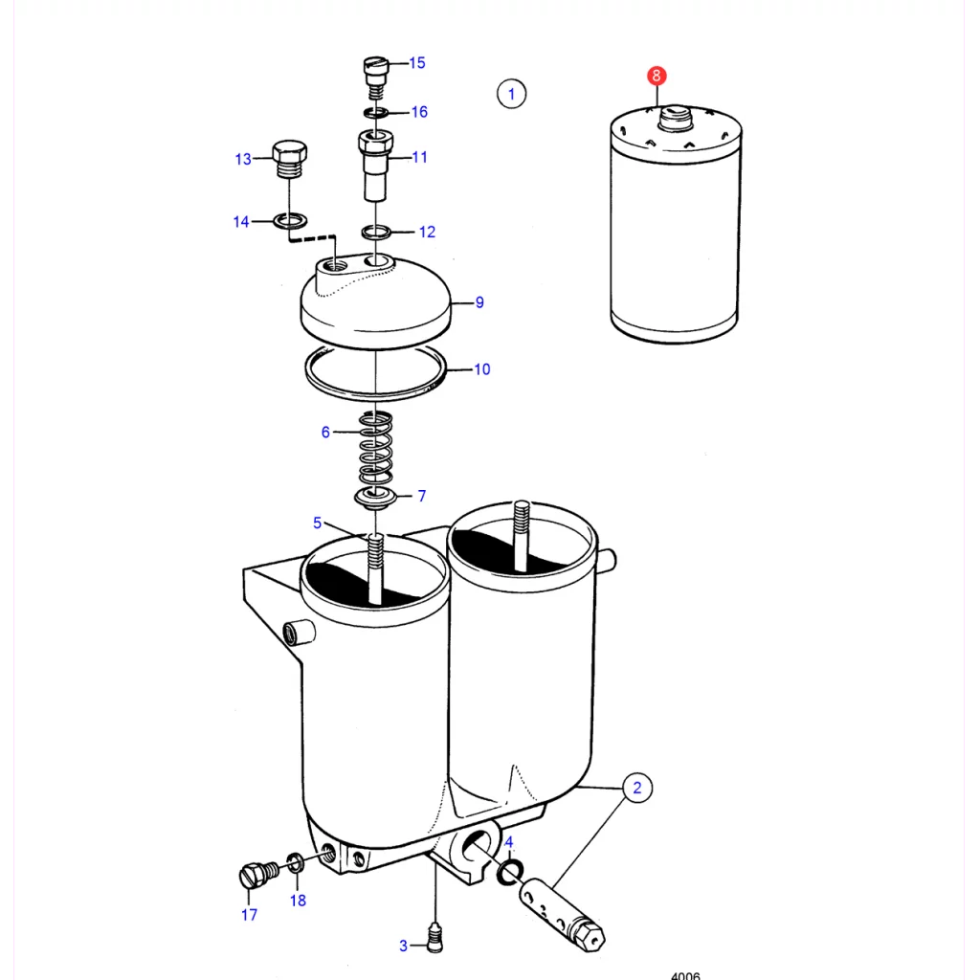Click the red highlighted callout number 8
coord(657,76)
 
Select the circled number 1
coord(511,94)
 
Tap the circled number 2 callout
coord(636,788)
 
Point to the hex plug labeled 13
coord(289,159)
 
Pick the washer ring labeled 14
coord(290,221)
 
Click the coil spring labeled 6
coord(375,448)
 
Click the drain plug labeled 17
coord(258,874)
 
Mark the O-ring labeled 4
coord(510,872)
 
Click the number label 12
coord(427,232)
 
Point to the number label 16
coord(419,112)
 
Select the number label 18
coord(299,901)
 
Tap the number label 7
coord(422,496)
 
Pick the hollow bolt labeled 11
coord(375,165)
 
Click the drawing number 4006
coord(685,975)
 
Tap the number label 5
coord(318,523)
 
